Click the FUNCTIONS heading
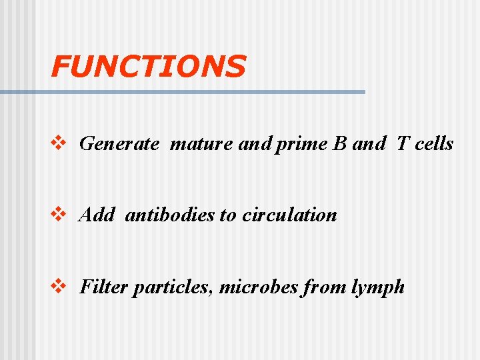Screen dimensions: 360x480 (148, 66)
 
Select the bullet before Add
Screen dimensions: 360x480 (59, 215)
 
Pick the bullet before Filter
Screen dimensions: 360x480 (59, 287)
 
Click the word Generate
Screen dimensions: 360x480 (119, 144)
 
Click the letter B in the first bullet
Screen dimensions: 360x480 (338, 144)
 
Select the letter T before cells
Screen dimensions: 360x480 (403, 144)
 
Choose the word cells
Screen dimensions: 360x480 (434, 144)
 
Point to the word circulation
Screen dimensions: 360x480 (289, 215)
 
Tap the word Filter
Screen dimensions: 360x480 (103, 287)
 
